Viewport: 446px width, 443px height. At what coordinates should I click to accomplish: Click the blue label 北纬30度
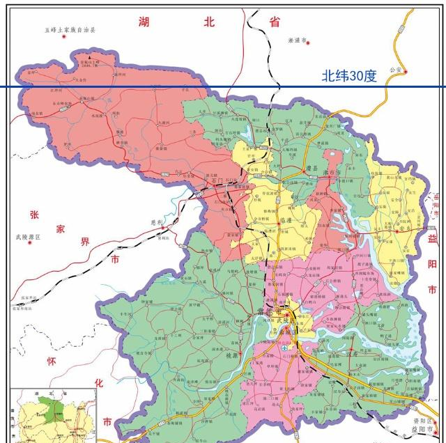(348, 76)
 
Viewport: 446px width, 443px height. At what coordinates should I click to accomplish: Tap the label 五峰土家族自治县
(70, 30)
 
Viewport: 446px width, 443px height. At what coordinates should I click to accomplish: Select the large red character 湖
(144, 22)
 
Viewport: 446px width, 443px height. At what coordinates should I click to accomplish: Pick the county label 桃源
(231, 354)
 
